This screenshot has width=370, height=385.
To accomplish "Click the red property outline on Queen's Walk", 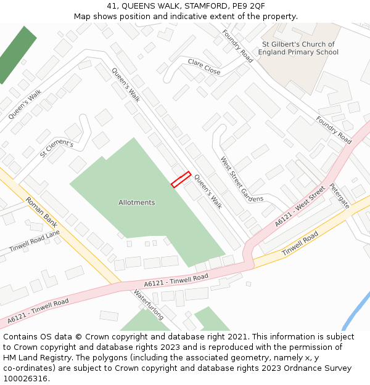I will (x=181, y=179).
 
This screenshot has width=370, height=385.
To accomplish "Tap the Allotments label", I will (x=137, y=203).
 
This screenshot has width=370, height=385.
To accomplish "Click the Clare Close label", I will (x=204, y=67).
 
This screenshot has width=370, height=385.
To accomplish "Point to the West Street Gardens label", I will (x=242, y=179).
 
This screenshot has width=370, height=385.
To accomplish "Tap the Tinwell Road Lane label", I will (x=35, y=241).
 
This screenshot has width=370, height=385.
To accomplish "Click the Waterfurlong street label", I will (x=149, y=305).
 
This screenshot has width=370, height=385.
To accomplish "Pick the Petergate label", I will (x=339, y=196).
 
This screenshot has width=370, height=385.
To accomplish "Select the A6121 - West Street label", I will (x=300, y=207).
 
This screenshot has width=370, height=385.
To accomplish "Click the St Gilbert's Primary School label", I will (x=298, y=48).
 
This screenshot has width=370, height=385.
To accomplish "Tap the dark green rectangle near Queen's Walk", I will (x=17, y=54).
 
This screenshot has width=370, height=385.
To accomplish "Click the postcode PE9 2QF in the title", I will (x=249, y=6).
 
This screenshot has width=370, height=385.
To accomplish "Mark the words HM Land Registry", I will (x=36, y=358).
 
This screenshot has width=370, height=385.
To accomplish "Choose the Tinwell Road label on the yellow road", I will (x=300, y=245).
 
